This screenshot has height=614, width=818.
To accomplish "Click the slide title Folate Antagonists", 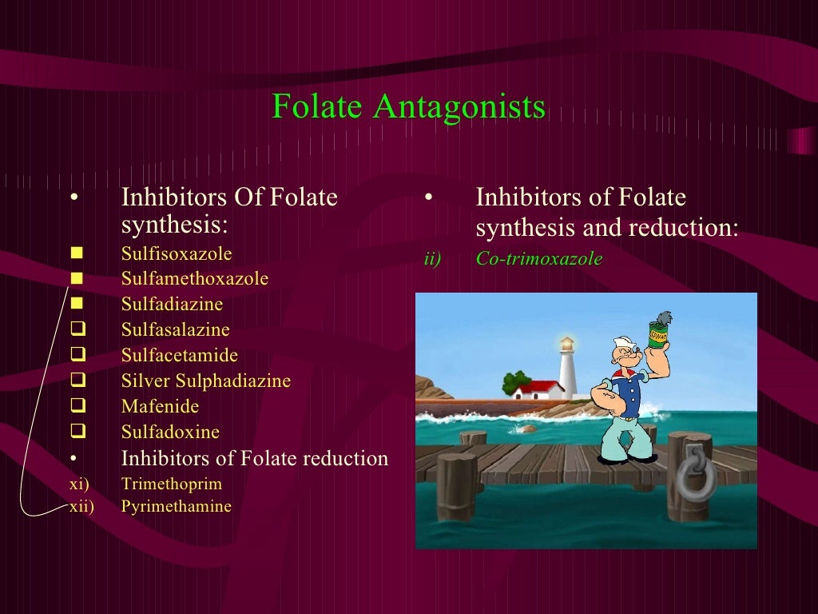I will (408, 106).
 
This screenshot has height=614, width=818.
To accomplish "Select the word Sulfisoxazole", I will (177, 254).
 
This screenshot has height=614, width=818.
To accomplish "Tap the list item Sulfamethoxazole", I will (195, 279).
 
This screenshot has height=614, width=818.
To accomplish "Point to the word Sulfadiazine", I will (172, 305).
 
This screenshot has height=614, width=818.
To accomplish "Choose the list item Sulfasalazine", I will (175, 330).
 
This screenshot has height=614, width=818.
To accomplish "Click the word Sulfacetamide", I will (179, 356).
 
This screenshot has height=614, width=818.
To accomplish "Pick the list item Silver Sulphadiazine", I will (205, 381).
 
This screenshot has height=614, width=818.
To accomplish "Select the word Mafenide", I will (160, 407).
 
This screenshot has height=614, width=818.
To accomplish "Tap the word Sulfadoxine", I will (170, 433).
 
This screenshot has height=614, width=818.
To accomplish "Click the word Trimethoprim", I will (172, 484).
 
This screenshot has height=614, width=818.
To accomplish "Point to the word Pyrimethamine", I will (176, 507).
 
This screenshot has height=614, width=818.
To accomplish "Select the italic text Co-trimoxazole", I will (538, 259).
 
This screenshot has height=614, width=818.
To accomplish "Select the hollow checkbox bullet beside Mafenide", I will (77, 407).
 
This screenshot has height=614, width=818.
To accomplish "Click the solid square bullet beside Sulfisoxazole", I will (77, 254).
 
